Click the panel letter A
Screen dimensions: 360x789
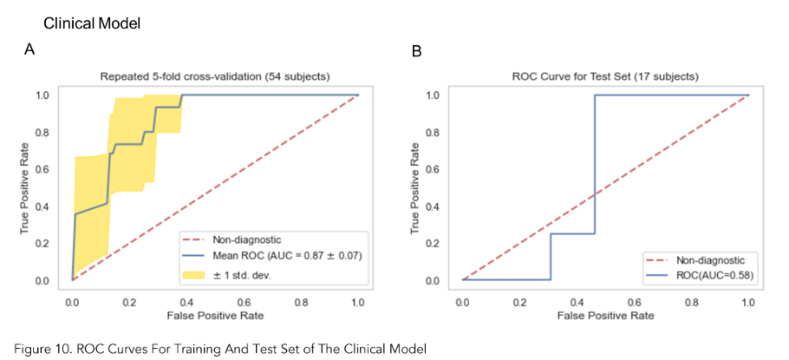click(29, 50)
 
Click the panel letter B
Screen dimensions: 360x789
click(416, 52)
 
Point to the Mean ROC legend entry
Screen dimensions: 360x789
click(270, 256)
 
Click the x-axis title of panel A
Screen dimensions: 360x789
click(214, 316)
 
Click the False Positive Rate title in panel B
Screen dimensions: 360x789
click(604, 316)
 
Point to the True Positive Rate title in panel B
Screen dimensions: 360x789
click(414, 188)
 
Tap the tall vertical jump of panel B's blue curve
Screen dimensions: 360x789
click(595, 165)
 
